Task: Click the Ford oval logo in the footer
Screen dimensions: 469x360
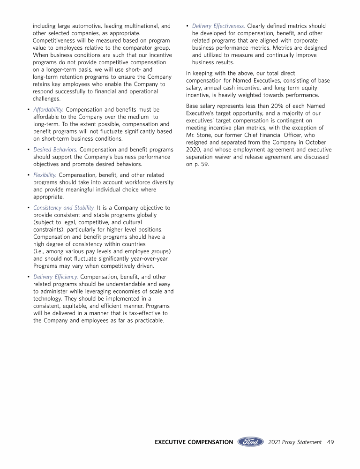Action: click(x=251, y=442)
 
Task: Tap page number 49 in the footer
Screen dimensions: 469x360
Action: click(x=330, y=442)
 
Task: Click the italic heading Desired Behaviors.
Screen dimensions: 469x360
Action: click(x=56, y=149)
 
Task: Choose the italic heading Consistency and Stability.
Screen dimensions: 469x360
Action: click(x=64, y=208)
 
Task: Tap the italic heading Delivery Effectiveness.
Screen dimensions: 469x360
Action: click(x=218, y=26)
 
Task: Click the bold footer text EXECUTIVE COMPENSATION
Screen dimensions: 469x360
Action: click(x=194, y=442)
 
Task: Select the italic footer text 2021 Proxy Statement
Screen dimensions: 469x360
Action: click(x=295, y=442)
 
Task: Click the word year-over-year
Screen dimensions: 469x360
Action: click(x=148, y=259)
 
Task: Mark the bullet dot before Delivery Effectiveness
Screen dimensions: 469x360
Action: click(x=187, y=26)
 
